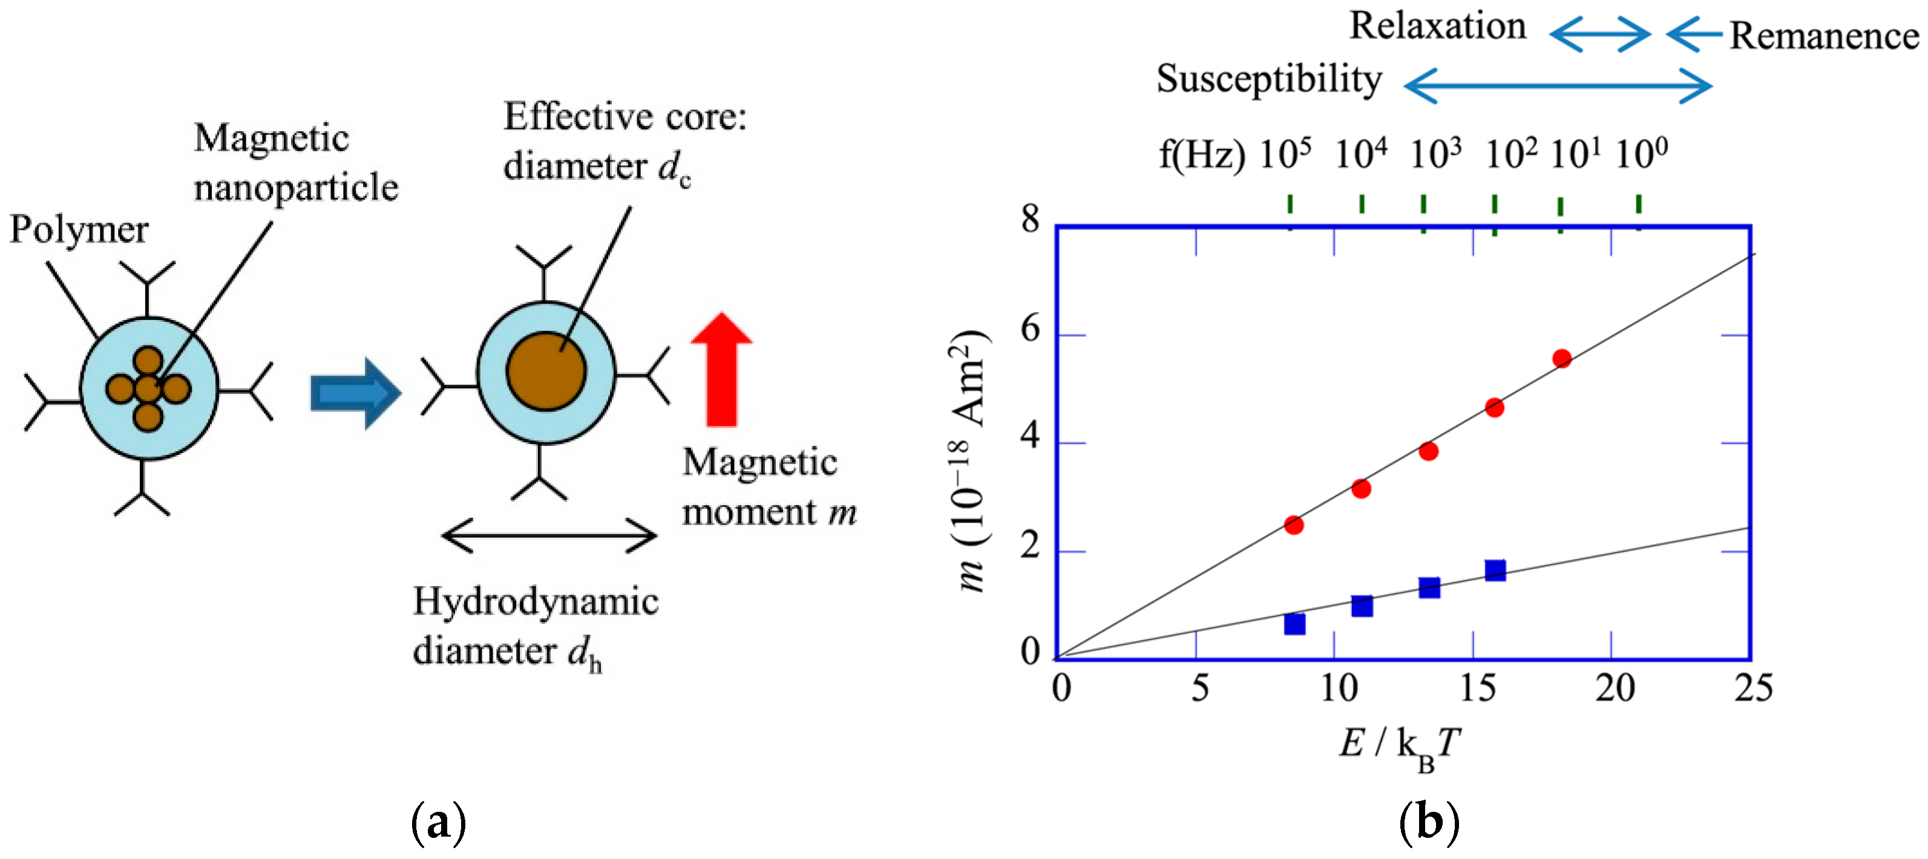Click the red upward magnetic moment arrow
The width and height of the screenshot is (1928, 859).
(x=721, y=370)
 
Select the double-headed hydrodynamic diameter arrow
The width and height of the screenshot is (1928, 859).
(x=549, y=536)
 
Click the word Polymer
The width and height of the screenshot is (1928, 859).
(x=79, y=230)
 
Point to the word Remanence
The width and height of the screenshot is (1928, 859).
(x=1824, y=36)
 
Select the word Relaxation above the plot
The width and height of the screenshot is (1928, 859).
(x=1437, y=27)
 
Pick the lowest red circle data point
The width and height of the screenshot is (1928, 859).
(x=1294, y=525)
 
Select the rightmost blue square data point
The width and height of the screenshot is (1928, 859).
(x=1495, y=570)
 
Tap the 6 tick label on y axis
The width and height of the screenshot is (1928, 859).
(x=1031, y=329)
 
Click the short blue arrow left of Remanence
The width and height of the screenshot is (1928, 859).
(x=1694, y=34)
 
